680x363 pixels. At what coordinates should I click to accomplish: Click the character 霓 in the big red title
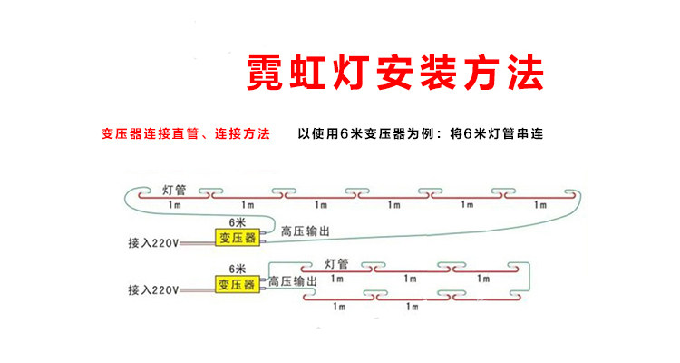(266, 73)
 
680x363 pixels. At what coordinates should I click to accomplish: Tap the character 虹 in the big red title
(308, 73)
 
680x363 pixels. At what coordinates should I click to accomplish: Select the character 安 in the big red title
(395, 73)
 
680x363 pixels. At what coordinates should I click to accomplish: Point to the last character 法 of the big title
(526, 73)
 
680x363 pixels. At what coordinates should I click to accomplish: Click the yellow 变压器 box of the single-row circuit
(238, 238)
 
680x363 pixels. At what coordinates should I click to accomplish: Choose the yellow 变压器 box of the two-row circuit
(238, 284)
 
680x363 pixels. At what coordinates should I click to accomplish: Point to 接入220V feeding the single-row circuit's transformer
(153, 242)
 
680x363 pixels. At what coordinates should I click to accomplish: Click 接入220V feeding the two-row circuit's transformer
(153, 289)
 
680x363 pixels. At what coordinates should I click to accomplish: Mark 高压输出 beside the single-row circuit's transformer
(306, 231)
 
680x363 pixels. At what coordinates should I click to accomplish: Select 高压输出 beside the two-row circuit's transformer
(293, 281)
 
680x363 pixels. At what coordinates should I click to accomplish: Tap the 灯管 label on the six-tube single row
(174, 191)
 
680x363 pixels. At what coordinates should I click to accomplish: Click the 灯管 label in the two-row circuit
(337, 263)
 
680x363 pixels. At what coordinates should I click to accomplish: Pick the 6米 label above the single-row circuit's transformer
(238, 222)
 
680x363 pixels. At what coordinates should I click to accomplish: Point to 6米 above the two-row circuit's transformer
(238, 269)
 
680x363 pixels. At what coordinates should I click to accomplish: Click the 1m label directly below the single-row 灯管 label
(174, 204)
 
